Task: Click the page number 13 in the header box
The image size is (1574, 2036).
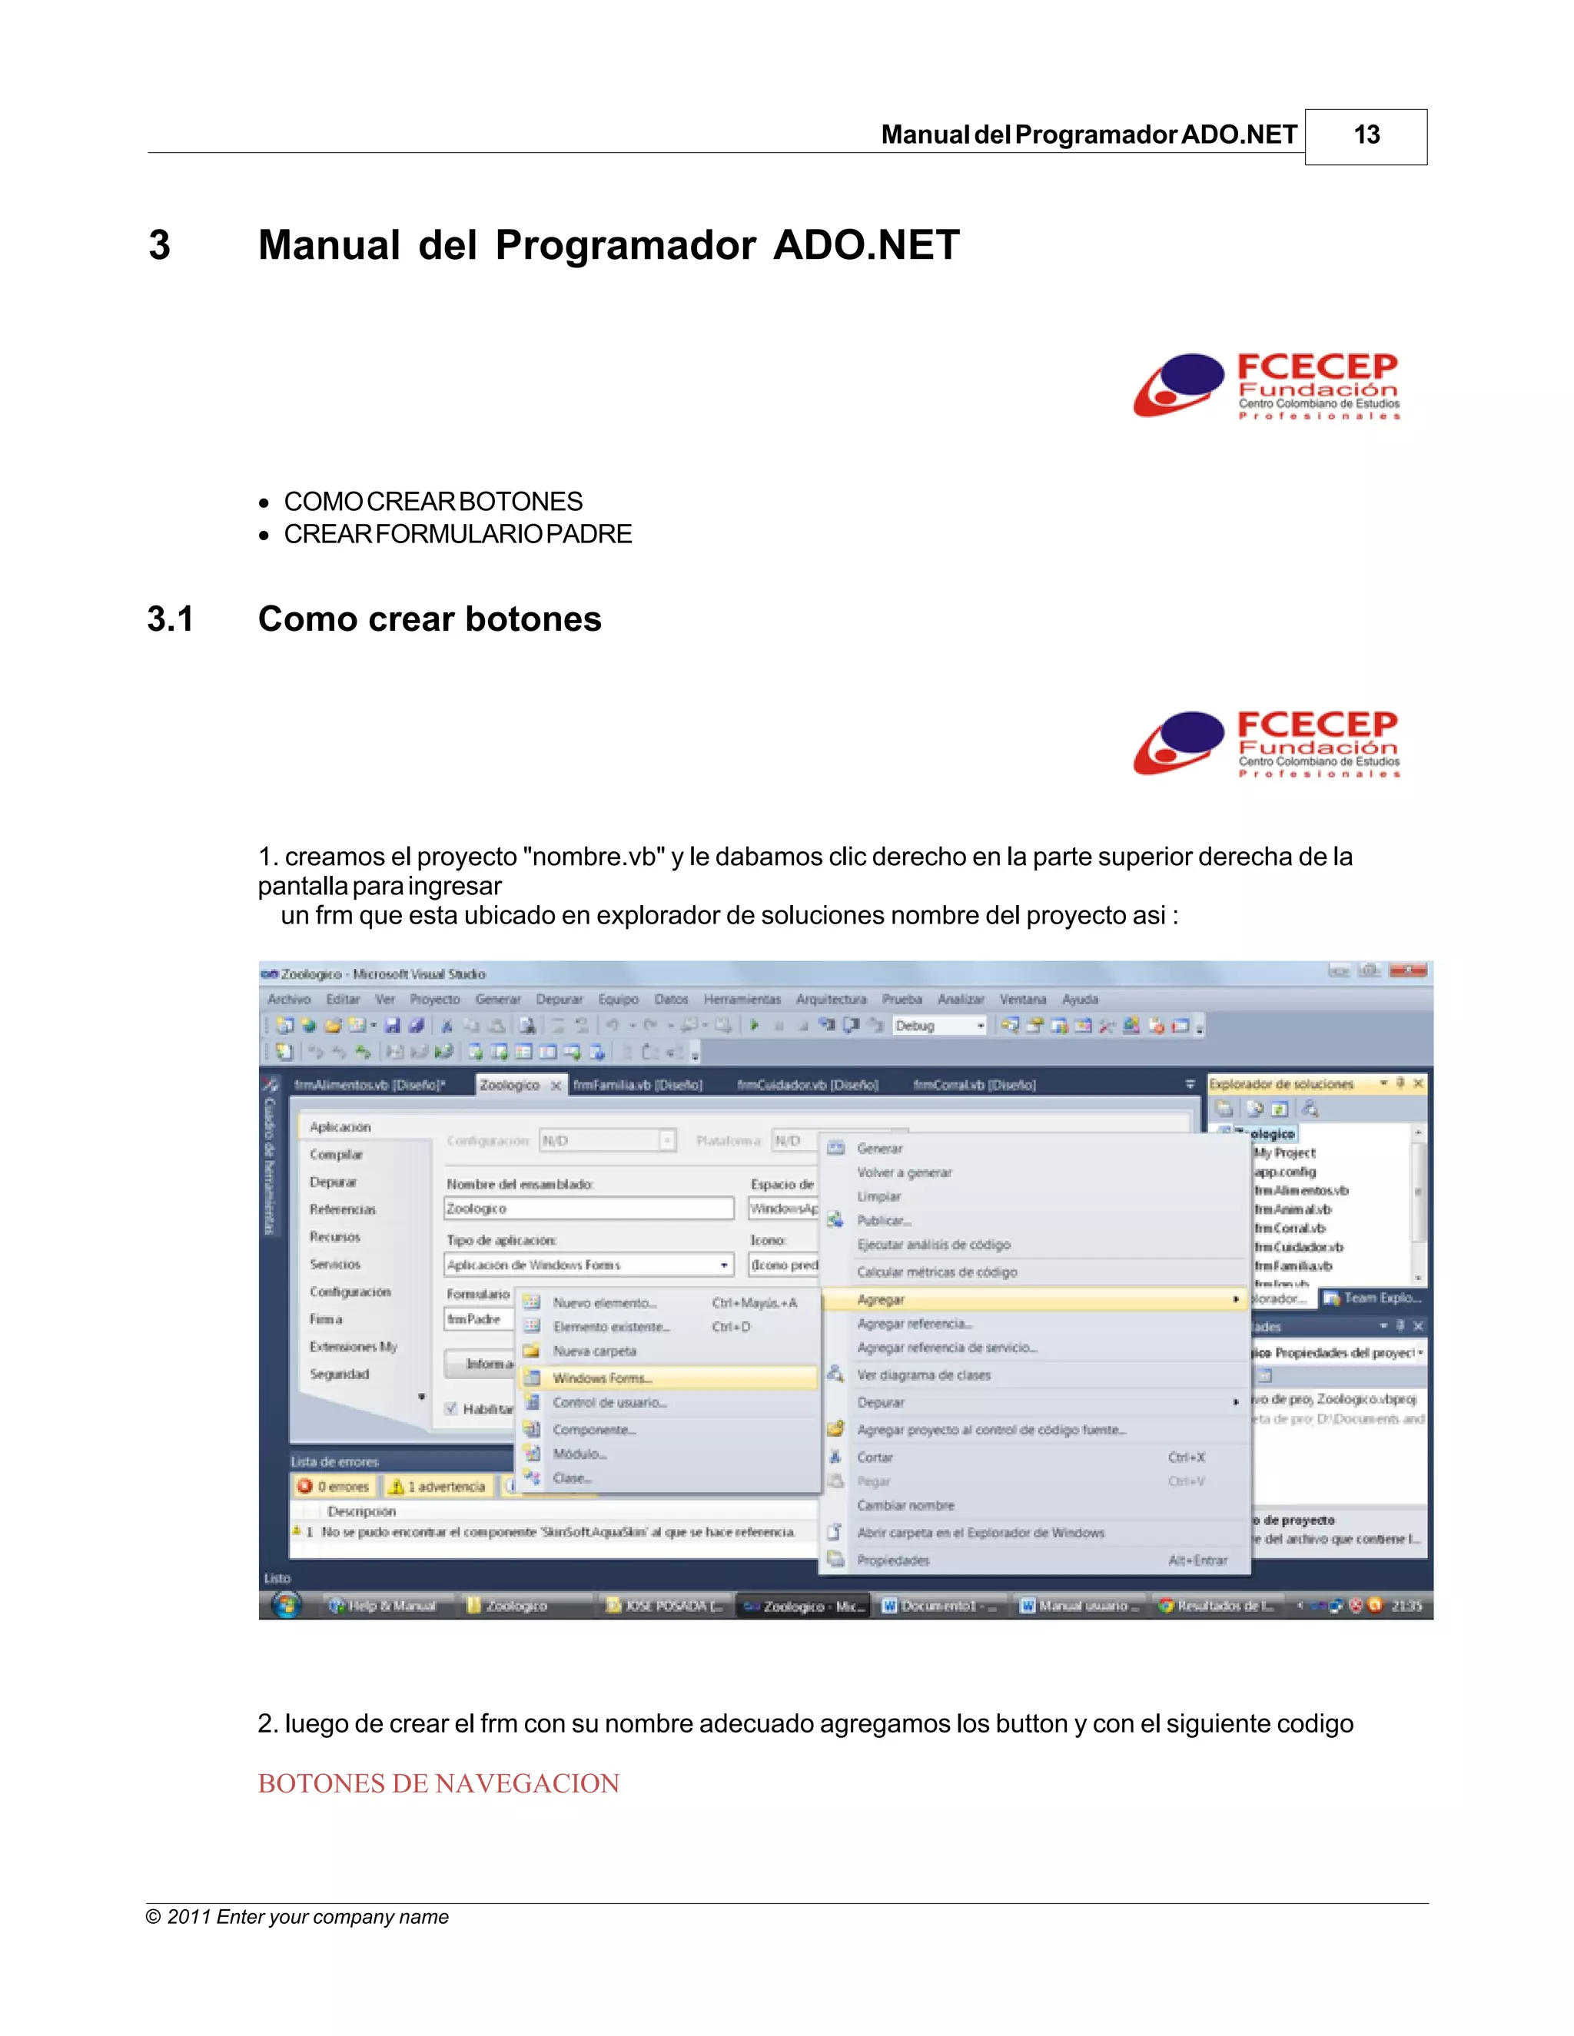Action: tap(1366, 135)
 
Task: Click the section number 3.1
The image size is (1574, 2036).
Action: tap(171, 619)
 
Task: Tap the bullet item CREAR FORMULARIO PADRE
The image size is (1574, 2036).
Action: tap(457, 534)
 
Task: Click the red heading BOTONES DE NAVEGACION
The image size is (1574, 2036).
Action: tap(438, 1782)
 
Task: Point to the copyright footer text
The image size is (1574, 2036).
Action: tap(297, 1917)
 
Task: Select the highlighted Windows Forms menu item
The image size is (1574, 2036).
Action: tap(603, 1378)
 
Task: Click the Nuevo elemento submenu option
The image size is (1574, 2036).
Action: tap(604, 1303)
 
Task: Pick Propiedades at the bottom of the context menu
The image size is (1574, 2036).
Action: tap(892, 1560)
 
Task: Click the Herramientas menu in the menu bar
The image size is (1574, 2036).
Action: tap(742, 1000)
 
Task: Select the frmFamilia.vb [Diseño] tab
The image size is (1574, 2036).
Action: tap(637, 1085)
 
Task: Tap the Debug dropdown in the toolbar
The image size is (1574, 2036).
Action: tap(938, 1026)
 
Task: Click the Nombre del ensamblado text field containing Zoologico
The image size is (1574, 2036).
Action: tap(589, 1209)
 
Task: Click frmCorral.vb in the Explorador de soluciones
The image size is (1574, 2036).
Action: tap(1290, 1229)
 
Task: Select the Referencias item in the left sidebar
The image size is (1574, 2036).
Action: tap(342, 1210)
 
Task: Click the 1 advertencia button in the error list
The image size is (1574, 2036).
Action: tap(438, 1487)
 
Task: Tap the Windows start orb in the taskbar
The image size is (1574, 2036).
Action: tap(286, 1605)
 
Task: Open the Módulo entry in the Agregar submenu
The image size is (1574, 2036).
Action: tap(579, 1454)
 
